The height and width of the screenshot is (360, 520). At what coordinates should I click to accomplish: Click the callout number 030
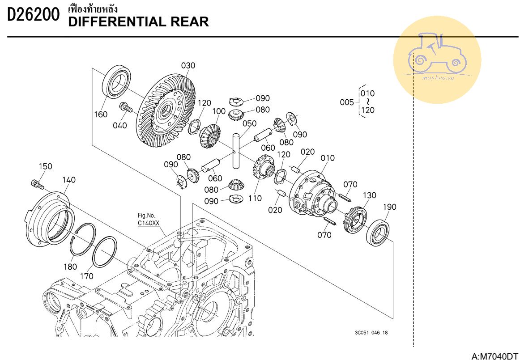click(188, 66)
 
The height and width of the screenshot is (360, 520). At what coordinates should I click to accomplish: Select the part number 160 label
click(101, 114)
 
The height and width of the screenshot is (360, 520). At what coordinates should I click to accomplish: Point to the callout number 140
click(68, 180)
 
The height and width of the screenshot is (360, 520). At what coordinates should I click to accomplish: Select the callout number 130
click(369, 195)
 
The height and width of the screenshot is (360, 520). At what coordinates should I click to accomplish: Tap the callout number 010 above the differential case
click(328, 158)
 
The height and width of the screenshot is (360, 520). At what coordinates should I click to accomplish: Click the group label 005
click(347, 102)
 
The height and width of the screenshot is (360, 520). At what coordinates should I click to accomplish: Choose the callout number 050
click(249, 123)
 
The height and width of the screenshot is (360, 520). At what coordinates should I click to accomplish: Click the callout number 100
click(219, 111)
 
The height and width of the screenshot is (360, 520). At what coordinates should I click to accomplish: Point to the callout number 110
click(255, 198)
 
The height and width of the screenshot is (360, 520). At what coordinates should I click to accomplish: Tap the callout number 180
click(70, 267)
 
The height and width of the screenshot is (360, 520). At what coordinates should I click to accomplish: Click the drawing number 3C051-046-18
click(371, 333)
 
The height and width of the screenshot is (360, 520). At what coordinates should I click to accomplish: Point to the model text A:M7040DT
click(494, 356)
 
